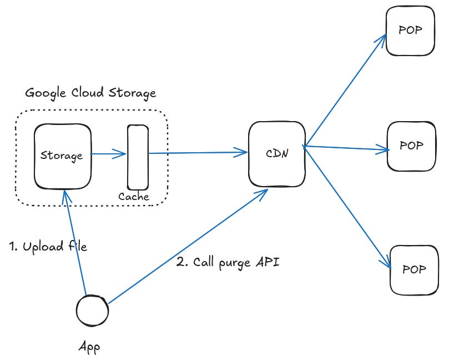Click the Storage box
63,156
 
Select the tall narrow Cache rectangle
138,158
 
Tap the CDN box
276,154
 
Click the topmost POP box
410,31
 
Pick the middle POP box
411,147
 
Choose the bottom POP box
413,269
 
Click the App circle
92,312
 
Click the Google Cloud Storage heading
90,93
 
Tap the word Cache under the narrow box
134,197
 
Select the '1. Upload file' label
49,247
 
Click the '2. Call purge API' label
228,262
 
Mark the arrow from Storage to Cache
109,155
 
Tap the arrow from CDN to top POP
344,89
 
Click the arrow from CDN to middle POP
347,148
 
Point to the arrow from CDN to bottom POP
347,206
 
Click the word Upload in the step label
42,247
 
